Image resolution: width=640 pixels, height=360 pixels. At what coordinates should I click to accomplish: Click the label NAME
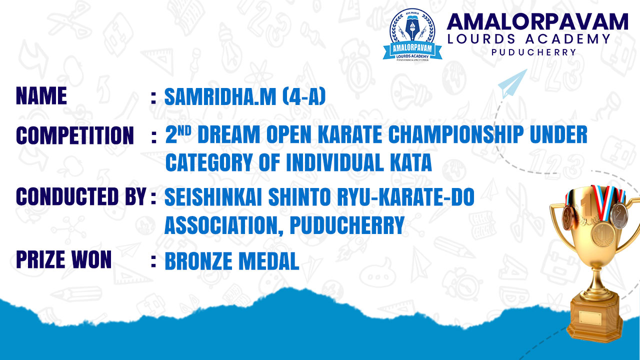coord(41,95)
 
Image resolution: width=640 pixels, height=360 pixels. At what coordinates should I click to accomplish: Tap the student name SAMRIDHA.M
coord(220,97)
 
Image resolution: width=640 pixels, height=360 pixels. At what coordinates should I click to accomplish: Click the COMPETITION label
coord(75,135)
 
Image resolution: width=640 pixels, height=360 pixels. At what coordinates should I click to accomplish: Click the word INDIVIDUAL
coord(335,162)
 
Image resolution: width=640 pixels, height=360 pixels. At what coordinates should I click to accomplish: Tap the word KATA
coord(411,162)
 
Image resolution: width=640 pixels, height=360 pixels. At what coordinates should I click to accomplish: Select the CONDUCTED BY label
coord(81,196)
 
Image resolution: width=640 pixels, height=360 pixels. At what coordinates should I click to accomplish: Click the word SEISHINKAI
coord(213,196)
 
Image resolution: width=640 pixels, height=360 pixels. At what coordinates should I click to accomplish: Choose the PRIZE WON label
coord(63,259)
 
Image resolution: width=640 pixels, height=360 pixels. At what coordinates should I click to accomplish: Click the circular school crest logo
coord(412,35)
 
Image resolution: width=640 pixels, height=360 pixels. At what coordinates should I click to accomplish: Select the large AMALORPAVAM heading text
coord(537,21)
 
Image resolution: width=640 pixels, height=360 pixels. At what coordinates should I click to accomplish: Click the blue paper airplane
coord(512,83)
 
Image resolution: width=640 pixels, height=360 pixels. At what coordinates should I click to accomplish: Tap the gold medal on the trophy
coord(603,235)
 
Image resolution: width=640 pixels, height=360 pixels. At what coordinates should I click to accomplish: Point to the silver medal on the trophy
coord(618,215)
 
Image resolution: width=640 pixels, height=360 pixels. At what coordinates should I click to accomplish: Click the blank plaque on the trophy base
coord(590,318)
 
